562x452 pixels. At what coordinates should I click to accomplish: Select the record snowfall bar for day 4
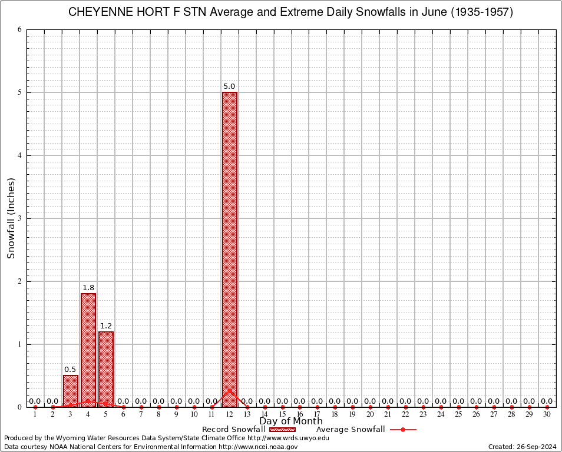(x=88, y=350)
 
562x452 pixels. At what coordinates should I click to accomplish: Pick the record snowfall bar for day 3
(x=71, y=391)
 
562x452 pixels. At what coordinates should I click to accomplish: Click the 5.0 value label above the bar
(x=230, y=87)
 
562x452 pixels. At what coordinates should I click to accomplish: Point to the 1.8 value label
(x=88, y=288)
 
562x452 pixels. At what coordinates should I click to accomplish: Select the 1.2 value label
(x=106, y=325)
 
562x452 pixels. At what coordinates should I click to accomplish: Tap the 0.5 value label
(x=71, y=370)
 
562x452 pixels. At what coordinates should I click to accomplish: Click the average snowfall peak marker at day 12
(x=230, y=390)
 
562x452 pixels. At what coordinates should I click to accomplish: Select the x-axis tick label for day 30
(x=547, y=415)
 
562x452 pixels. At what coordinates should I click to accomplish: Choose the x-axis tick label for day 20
(x=371, y=415)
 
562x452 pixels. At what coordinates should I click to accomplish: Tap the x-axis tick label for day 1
(x=35, y=415)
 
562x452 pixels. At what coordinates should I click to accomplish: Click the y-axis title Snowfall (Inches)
(x=11, y=218)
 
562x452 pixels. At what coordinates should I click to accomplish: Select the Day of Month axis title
(x=291, y=421)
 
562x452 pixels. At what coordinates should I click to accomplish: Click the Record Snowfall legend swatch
(x=282, y=430)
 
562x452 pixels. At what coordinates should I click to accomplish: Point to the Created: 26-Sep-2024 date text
(x=522, y=447)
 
